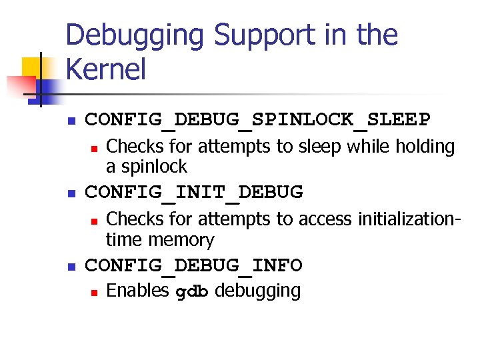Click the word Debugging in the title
133,36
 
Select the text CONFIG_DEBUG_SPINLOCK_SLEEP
258,120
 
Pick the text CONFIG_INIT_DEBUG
194,193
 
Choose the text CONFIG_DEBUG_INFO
194,266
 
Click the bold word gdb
192,292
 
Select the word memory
181,239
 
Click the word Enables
137,291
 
